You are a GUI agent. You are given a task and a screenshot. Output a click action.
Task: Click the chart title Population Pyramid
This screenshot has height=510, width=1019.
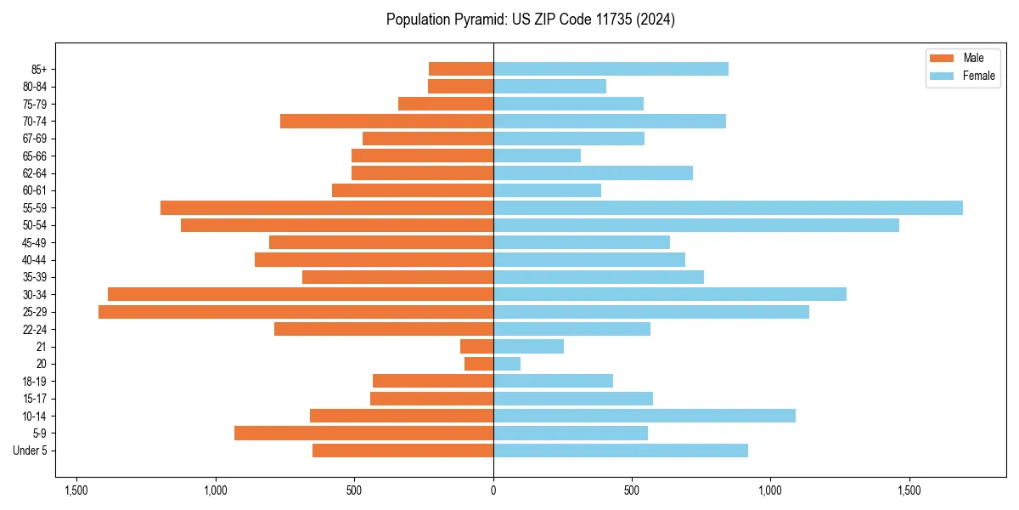530,20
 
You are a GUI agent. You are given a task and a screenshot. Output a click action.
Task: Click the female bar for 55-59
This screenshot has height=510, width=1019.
728,208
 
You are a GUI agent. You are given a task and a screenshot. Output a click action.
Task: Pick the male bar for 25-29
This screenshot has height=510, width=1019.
296,312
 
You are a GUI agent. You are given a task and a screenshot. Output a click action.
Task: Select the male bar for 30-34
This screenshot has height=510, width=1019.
301,294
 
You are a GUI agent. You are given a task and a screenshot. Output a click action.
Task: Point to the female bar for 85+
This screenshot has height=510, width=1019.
611,69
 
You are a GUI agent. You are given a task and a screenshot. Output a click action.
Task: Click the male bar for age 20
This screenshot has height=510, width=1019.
479,364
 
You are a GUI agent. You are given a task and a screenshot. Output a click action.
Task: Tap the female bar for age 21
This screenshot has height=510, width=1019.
528,347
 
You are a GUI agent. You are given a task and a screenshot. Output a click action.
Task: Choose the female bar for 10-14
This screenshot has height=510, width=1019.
645,416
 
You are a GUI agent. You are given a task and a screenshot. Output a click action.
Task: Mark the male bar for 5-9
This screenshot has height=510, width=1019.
363,433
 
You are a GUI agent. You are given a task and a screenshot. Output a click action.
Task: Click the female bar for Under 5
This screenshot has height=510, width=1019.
621,450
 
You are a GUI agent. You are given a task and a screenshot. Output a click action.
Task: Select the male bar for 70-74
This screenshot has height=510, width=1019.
386,122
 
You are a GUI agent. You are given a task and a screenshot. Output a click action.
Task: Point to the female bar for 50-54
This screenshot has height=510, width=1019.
696,225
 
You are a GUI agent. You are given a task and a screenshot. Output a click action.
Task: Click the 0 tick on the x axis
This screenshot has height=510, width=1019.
493,491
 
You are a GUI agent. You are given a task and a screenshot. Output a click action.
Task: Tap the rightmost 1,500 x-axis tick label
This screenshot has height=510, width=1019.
909,491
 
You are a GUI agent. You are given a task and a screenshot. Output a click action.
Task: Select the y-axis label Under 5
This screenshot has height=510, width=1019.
31,450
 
